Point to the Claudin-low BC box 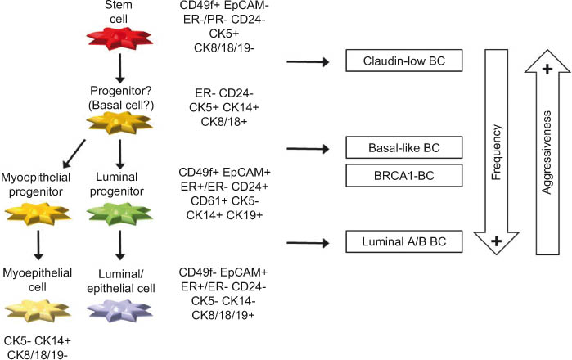point(400,61)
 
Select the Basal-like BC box point(400,147)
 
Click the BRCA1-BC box point(400,175)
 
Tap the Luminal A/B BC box point(400,241)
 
